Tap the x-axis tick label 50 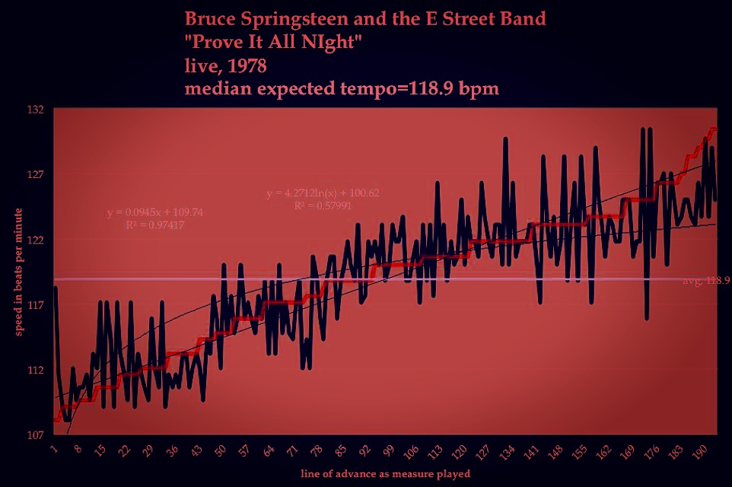point(220,450)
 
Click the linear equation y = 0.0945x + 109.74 point(155,212)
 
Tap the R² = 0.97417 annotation point(155,225)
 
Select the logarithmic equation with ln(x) point(323,193)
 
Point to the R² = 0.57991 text point(323,205)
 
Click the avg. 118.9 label point(706,281)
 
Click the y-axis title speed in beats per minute point(18,272)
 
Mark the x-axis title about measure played point(384,473)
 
